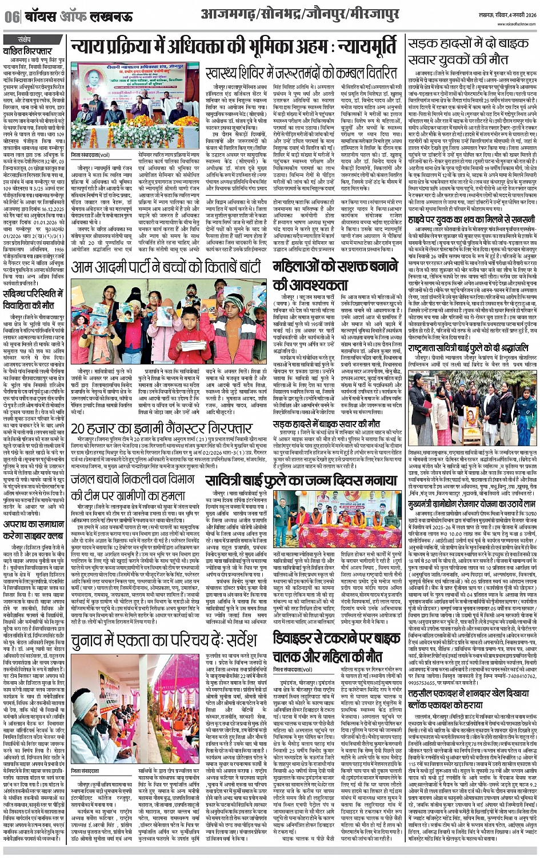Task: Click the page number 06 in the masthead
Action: click(11, 17)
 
